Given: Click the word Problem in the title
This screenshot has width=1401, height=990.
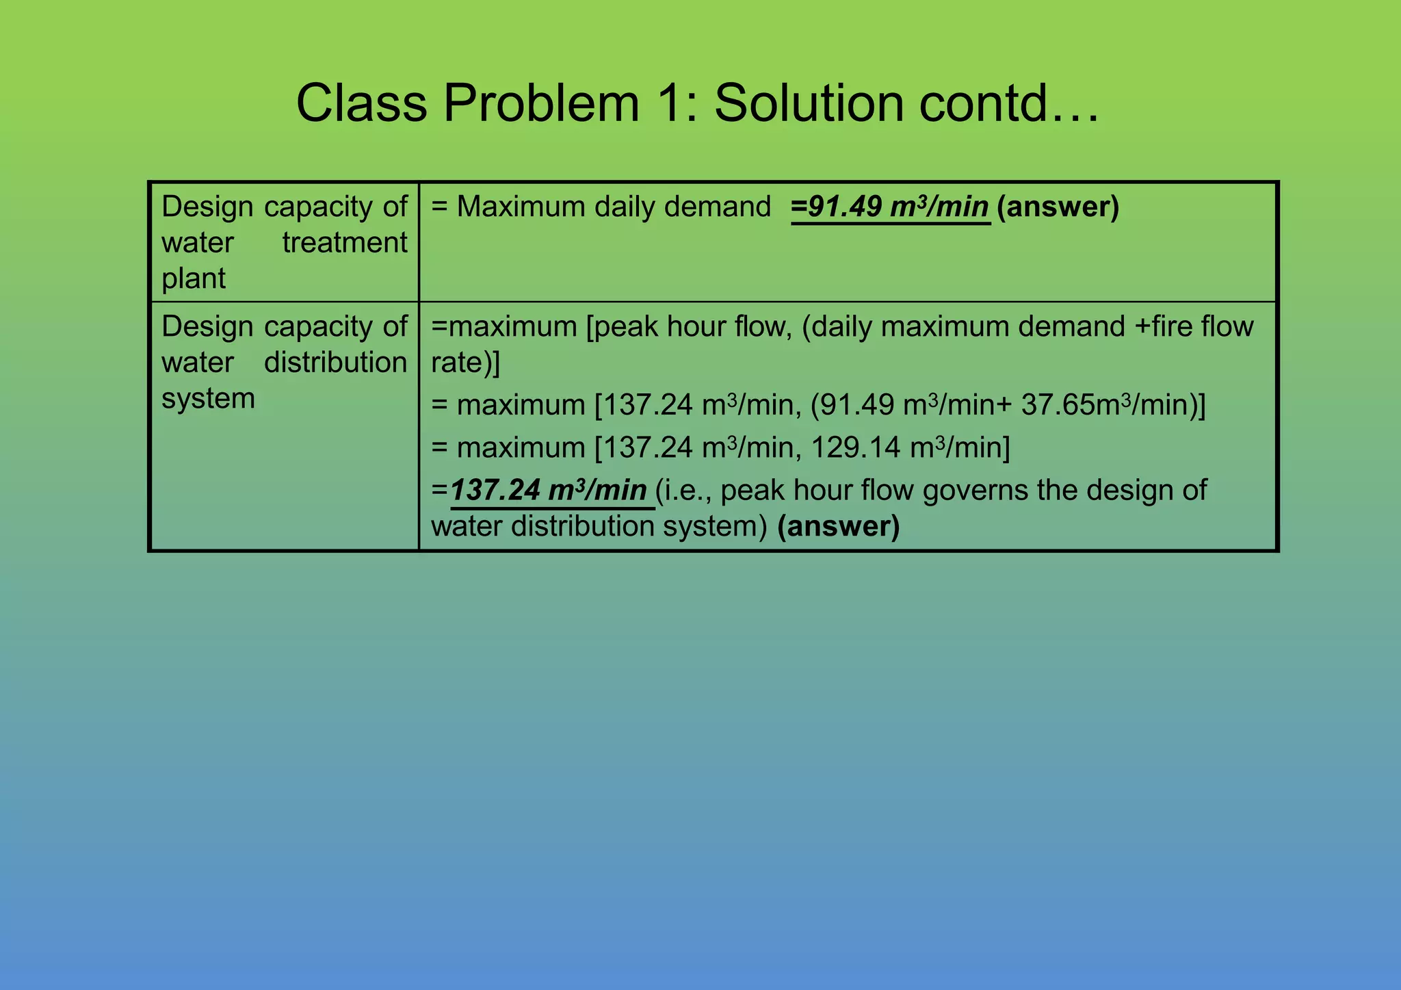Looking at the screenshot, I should (541, 104).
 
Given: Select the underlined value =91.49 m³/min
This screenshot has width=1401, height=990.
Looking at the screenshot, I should (890, 207).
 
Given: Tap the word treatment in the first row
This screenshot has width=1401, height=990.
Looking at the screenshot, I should (344, 243).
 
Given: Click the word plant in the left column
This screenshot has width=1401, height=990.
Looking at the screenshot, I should (194, 279).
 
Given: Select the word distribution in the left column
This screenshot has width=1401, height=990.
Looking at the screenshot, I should (335, 363).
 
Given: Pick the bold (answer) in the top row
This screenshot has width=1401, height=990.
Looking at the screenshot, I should (1058, 207).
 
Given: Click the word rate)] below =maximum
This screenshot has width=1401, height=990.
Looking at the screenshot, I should (465, 363).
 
